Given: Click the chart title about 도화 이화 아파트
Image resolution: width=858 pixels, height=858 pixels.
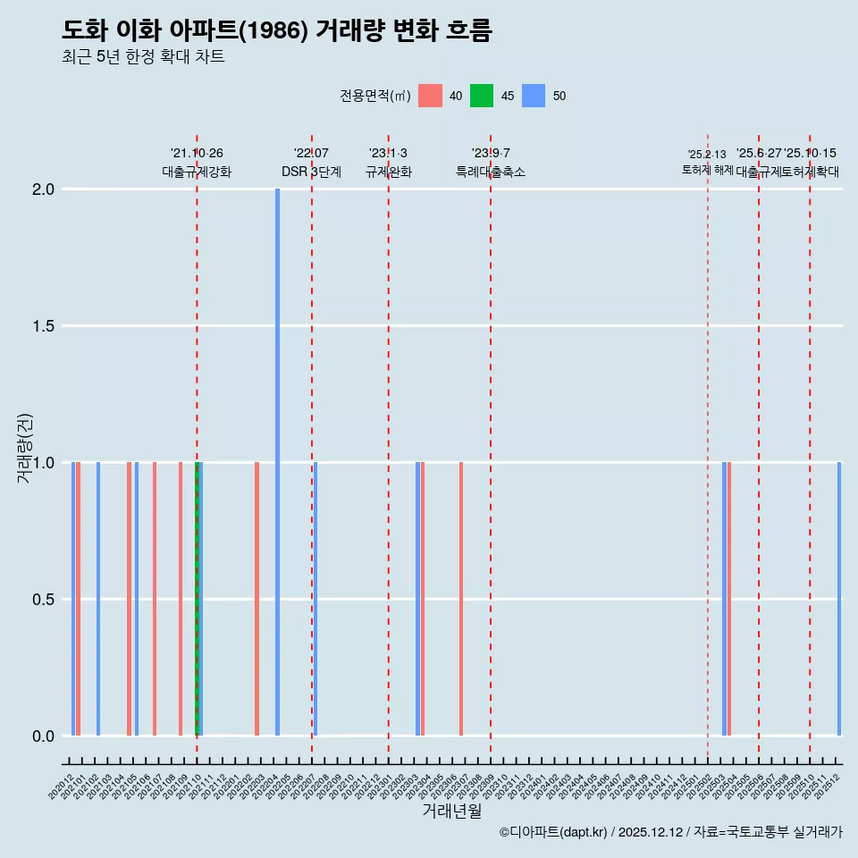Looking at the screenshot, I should (x=277, y=30).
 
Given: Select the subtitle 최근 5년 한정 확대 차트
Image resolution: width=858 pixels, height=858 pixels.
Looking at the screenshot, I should (x=143, y=57).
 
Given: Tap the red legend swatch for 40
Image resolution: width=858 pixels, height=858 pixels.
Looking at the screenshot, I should (x=430, y=96).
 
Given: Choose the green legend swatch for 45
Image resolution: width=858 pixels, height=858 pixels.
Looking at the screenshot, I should (x=482, y=96).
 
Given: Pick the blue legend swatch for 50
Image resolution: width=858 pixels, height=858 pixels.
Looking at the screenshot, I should (x=534, y=96).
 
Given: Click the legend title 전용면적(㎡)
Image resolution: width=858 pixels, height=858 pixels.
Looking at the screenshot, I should (x=375, y=96).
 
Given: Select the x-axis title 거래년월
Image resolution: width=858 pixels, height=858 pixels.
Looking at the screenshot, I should (x=451, y=812).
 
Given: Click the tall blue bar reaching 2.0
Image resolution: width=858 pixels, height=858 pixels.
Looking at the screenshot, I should (x=277, y=461).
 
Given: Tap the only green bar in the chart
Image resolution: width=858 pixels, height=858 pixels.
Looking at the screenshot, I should (x=197, y=599).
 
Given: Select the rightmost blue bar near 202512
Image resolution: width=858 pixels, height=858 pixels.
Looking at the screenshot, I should (x=839, y=599).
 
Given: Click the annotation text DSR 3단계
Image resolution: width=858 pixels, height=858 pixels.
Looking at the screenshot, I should (x=311, y=172).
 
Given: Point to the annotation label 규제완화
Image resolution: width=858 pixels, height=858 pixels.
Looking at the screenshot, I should (x=388, y=172).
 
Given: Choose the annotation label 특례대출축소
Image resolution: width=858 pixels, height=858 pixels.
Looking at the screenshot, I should (x=491, y=172).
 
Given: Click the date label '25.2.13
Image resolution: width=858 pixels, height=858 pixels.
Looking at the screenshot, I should (x=707, y=155).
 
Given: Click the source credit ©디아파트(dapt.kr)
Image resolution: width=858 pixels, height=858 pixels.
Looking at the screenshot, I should (x=553, y=832).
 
